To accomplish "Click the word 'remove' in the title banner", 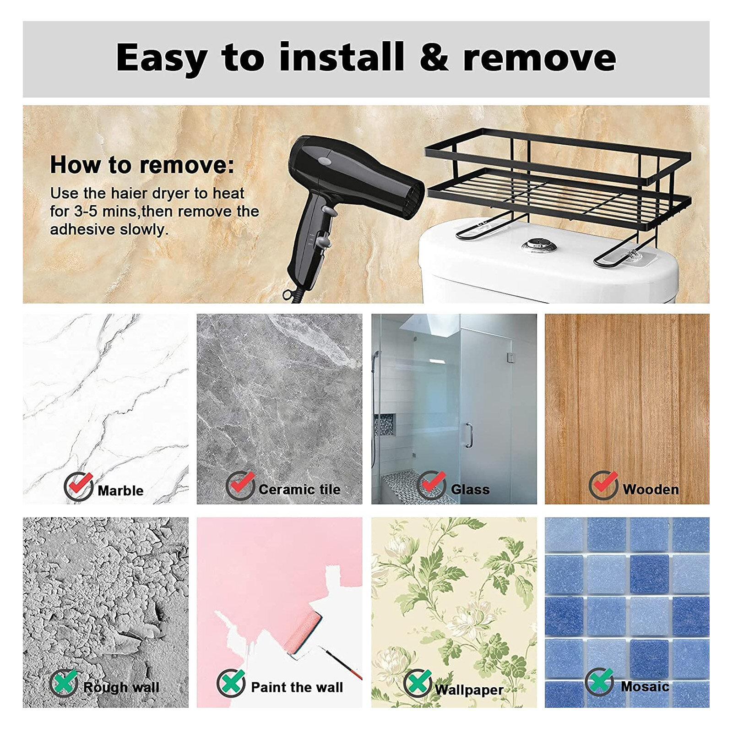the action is point(539,58).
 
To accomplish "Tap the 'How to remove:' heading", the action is point(142,165).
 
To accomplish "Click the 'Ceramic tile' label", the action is point(299,489).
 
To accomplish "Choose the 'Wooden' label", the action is point(651,489).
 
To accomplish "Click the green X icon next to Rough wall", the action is point(64,683).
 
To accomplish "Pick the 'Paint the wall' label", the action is point(297,687).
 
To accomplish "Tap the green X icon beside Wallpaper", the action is point(418,683).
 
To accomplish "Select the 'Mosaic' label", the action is point(645,686).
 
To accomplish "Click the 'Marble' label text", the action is point(120,491).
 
